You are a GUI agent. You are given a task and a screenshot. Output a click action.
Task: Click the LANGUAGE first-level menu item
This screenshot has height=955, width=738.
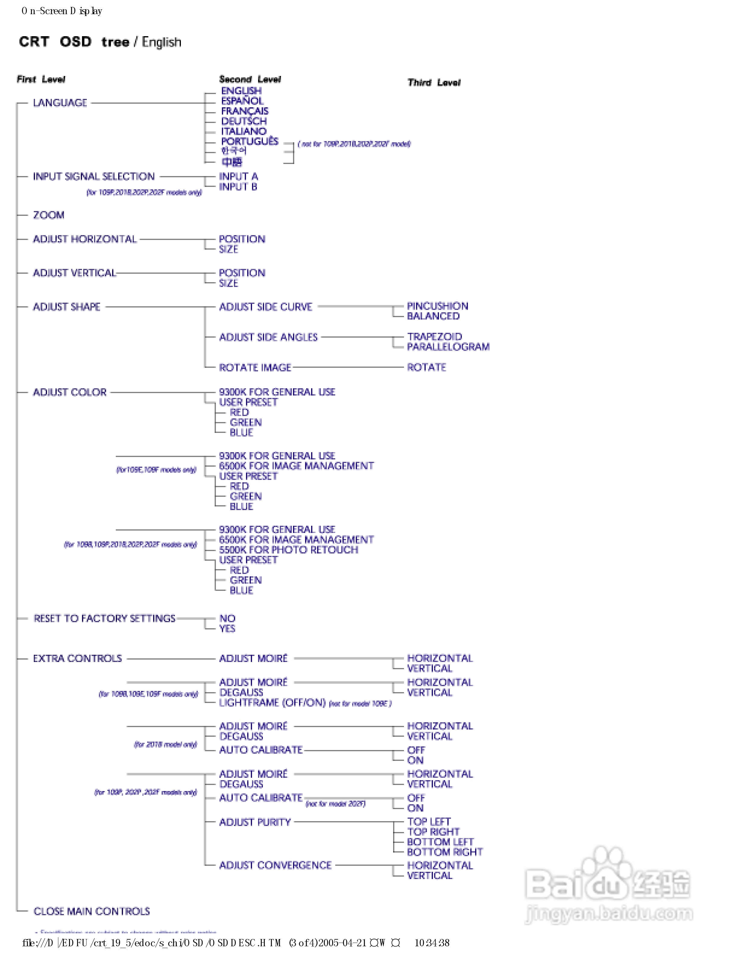pos(60,103)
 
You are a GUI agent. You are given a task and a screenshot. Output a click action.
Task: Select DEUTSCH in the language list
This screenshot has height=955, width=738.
pos(244,121)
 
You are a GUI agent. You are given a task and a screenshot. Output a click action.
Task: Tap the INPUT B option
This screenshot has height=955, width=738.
pos(238,187)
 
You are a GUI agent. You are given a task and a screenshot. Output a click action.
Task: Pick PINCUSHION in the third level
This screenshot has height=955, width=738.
pos(437,306)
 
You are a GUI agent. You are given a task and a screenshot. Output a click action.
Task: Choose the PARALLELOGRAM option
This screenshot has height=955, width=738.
pos(448,347)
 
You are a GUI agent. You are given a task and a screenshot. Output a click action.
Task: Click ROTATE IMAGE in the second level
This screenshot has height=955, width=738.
pos(255,367)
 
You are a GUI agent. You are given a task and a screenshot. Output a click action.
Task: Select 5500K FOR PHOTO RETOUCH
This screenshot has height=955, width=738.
pos(289,550)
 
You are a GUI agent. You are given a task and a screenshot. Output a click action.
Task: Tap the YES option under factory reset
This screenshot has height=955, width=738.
pos(227,628)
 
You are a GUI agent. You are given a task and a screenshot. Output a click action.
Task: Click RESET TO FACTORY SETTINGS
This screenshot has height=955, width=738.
pos(105,618)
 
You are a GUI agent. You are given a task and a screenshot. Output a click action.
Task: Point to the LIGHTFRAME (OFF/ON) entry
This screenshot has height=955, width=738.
pos(272,703)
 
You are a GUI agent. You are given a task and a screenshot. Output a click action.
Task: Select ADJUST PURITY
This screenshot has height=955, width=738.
pos(255,822)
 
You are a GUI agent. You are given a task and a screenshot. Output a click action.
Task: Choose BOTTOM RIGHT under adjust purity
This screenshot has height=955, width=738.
pos(445,852)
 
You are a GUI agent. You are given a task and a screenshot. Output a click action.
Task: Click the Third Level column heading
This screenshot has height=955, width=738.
pos(434,83)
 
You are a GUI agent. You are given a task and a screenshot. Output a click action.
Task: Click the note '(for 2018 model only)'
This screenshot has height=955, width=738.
pos(165,744)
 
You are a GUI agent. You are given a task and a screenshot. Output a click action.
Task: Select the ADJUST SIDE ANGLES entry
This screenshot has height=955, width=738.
pos(268,337)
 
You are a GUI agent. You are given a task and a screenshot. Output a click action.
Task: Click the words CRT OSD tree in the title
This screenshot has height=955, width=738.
pos(74,42)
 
